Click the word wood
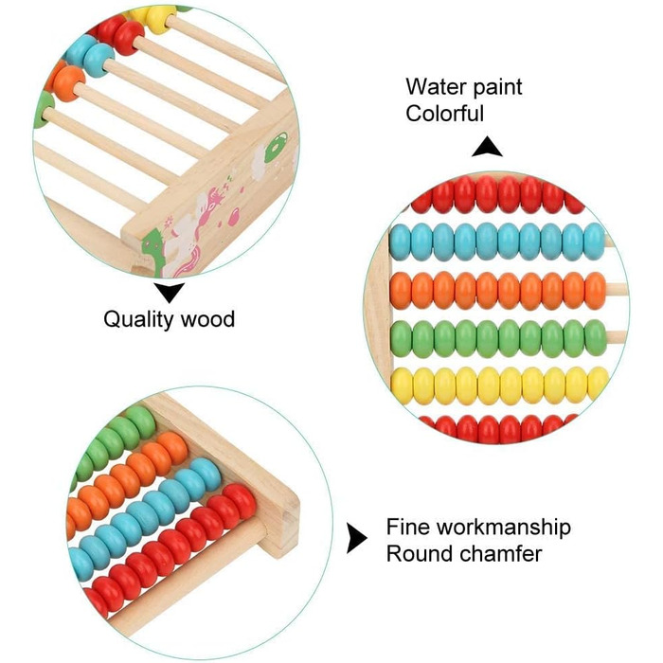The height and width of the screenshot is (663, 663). pyautogui.click(x=208, y=319)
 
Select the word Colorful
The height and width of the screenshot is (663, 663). pyautogui.click(x=445, y=114)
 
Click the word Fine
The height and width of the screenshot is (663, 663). pyautogui.click(x=404, y=528)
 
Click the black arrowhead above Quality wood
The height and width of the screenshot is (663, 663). pyautogui.click(x=170, y=292)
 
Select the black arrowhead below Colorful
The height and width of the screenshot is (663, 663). pyautogui.click(x=487, y=147)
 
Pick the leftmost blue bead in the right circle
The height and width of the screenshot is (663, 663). pyautogui.click(x=402, y=242)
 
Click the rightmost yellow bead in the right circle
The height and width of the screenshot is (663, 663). pyautogui.click(x=597, y=384)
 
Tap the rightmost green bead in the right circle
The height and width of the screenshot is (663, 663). pyautogui.click(x=596, y=336)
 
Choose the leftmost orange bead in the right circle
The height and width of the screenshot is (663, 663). pyautogui.click(x=402, y=290)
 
